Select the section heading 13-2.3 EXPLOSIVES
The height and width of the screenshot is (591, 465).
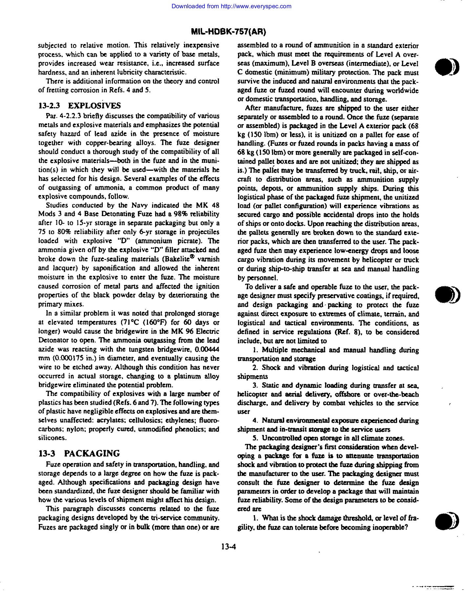click(80, 105)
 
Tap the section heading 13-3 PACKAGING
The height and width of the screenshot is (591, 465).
click(79, 453)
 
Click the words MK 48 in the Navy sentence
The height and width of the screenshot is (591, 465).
click(207, 205)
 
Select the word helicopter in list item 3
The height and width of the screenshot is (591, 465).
click(252, 394)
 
